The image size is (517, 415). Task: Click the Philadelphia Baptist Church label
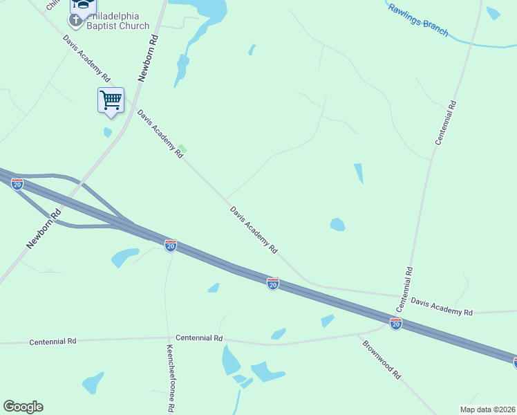117,21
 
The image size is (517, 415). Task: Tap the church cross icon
75,21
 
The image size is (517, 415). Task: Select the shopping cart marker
111,100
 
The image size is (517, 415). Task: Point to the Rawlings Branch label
418,21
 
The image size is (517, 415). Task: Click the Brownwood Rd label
381,358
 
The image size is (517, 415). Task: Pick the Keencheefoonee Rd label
170,379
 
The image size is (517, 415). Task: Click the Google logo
23,407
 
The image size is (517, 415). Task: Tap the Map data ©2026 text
487,409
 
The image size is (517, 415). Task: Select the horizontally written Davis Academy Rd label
442,307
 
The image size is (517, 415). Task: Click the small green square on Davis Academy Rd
182,148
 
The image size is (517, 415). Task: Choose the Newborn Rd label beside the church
149,59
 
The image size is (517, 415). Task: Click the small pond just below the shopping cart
108,132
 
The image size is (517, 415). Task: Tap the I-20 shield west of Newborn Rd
17,184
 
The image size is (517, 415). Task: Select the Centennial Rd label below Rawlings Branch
446,122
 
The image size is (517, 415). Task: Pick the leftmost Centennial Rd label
53,342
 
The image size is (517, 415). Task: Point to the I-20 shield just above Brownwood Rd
396,324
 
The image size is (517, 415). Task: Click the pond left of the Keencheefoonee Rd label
93,382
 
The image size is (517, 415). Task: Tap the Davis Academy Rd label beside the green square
160,133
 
